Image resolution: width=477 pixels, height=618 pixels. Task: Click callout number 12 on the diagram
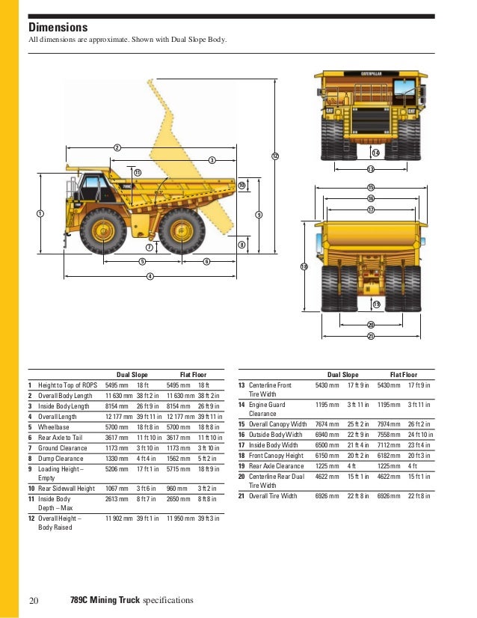tap(274, 156)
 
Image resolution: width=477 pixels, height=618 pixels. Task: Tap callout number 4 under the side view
tap(150, 276)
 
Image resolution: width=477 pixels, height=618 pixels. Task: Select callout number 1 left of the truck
tap(40, 214)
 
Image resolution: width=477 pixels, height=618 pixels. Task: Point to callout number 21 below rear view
tap(370, 336)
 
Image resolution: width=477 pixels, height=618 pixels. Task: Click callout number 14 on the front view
tap(375, 153)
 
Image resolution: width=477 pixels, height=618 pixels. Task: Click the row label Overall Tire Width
tap(273, 496)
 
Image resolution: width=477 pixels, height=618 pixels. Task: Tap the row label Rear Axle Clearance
tap(277, 465)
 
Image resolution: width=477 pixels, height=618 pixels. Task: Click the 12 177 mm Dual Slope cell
tap(119, 416)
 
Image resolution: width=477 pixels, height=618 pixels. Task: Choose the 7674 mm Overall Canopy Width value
tap(327, 423)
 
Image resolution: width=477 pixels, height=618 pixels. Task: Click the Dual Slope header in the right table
tap(343, 374)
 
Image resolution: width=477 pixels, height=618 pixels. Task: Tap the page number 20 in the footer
tap(33, 600)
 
